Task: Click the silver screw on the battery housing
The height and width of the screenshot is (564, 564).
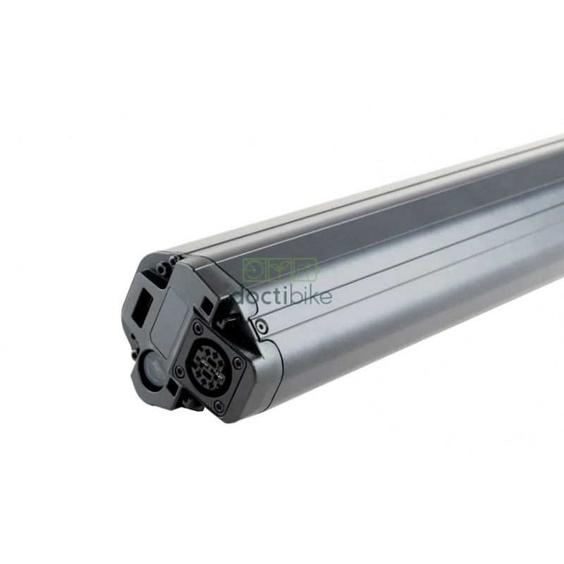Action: [x=260, y=326]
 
